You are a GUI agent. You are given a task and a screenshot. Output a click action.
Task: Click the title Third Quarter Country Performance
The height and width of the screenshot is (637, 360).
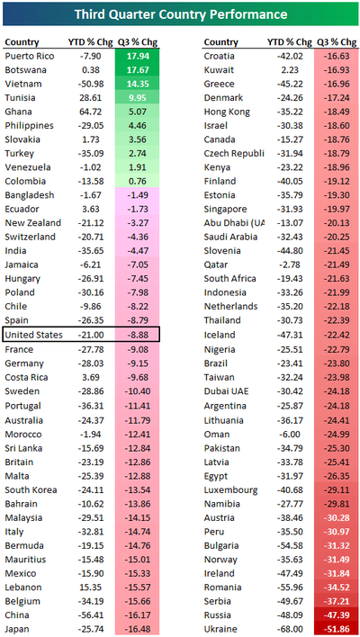coord(180,14)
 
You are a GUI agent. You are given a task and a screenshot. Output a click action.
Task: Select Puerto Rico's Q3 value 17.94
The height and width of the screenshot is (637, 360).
coord(138,56)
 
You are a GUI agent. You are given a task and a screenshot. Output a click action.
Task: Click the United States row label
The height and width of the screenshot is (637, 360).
coord(34,335)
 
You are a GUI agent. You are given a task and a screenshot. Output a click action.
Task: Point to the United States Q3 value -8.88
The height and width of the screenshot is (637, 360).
coord(138,335)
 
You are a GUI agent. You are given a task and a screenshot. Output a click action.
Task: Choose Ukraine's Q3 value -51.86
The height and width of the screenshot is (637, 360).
coord(337,629)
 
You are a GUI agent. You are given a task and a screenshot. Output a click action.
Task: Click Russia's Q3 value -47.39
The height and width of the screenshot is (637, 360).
coord(337,615)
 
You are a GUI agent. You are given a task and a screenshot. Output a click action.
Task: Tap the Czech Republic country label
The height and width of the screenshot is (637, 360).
coord(234,154)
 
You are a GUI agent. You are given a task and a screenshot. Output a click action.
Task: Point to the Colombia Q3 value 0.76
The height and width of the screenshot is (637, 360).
coord(138,181)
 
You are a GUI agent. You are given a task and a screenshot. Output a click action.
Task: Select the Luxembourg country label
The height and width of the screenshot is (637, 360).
coord(230,490)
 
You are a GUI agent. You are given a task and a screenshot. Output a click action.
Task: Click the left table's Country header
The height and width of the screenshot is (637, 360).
coord(22,42)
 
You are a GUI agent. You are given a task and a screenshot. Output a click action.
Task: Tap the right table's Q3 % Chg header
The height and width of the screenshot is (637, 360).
coord(337,42)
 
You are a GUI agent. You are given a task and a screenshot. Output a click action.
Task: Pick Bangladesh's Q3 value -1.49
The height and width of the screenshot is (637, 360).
coord(138,195)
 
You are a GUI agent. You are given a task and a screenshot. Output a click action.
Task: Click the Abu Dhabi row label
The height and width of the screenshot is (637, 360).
coord(234,223)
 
